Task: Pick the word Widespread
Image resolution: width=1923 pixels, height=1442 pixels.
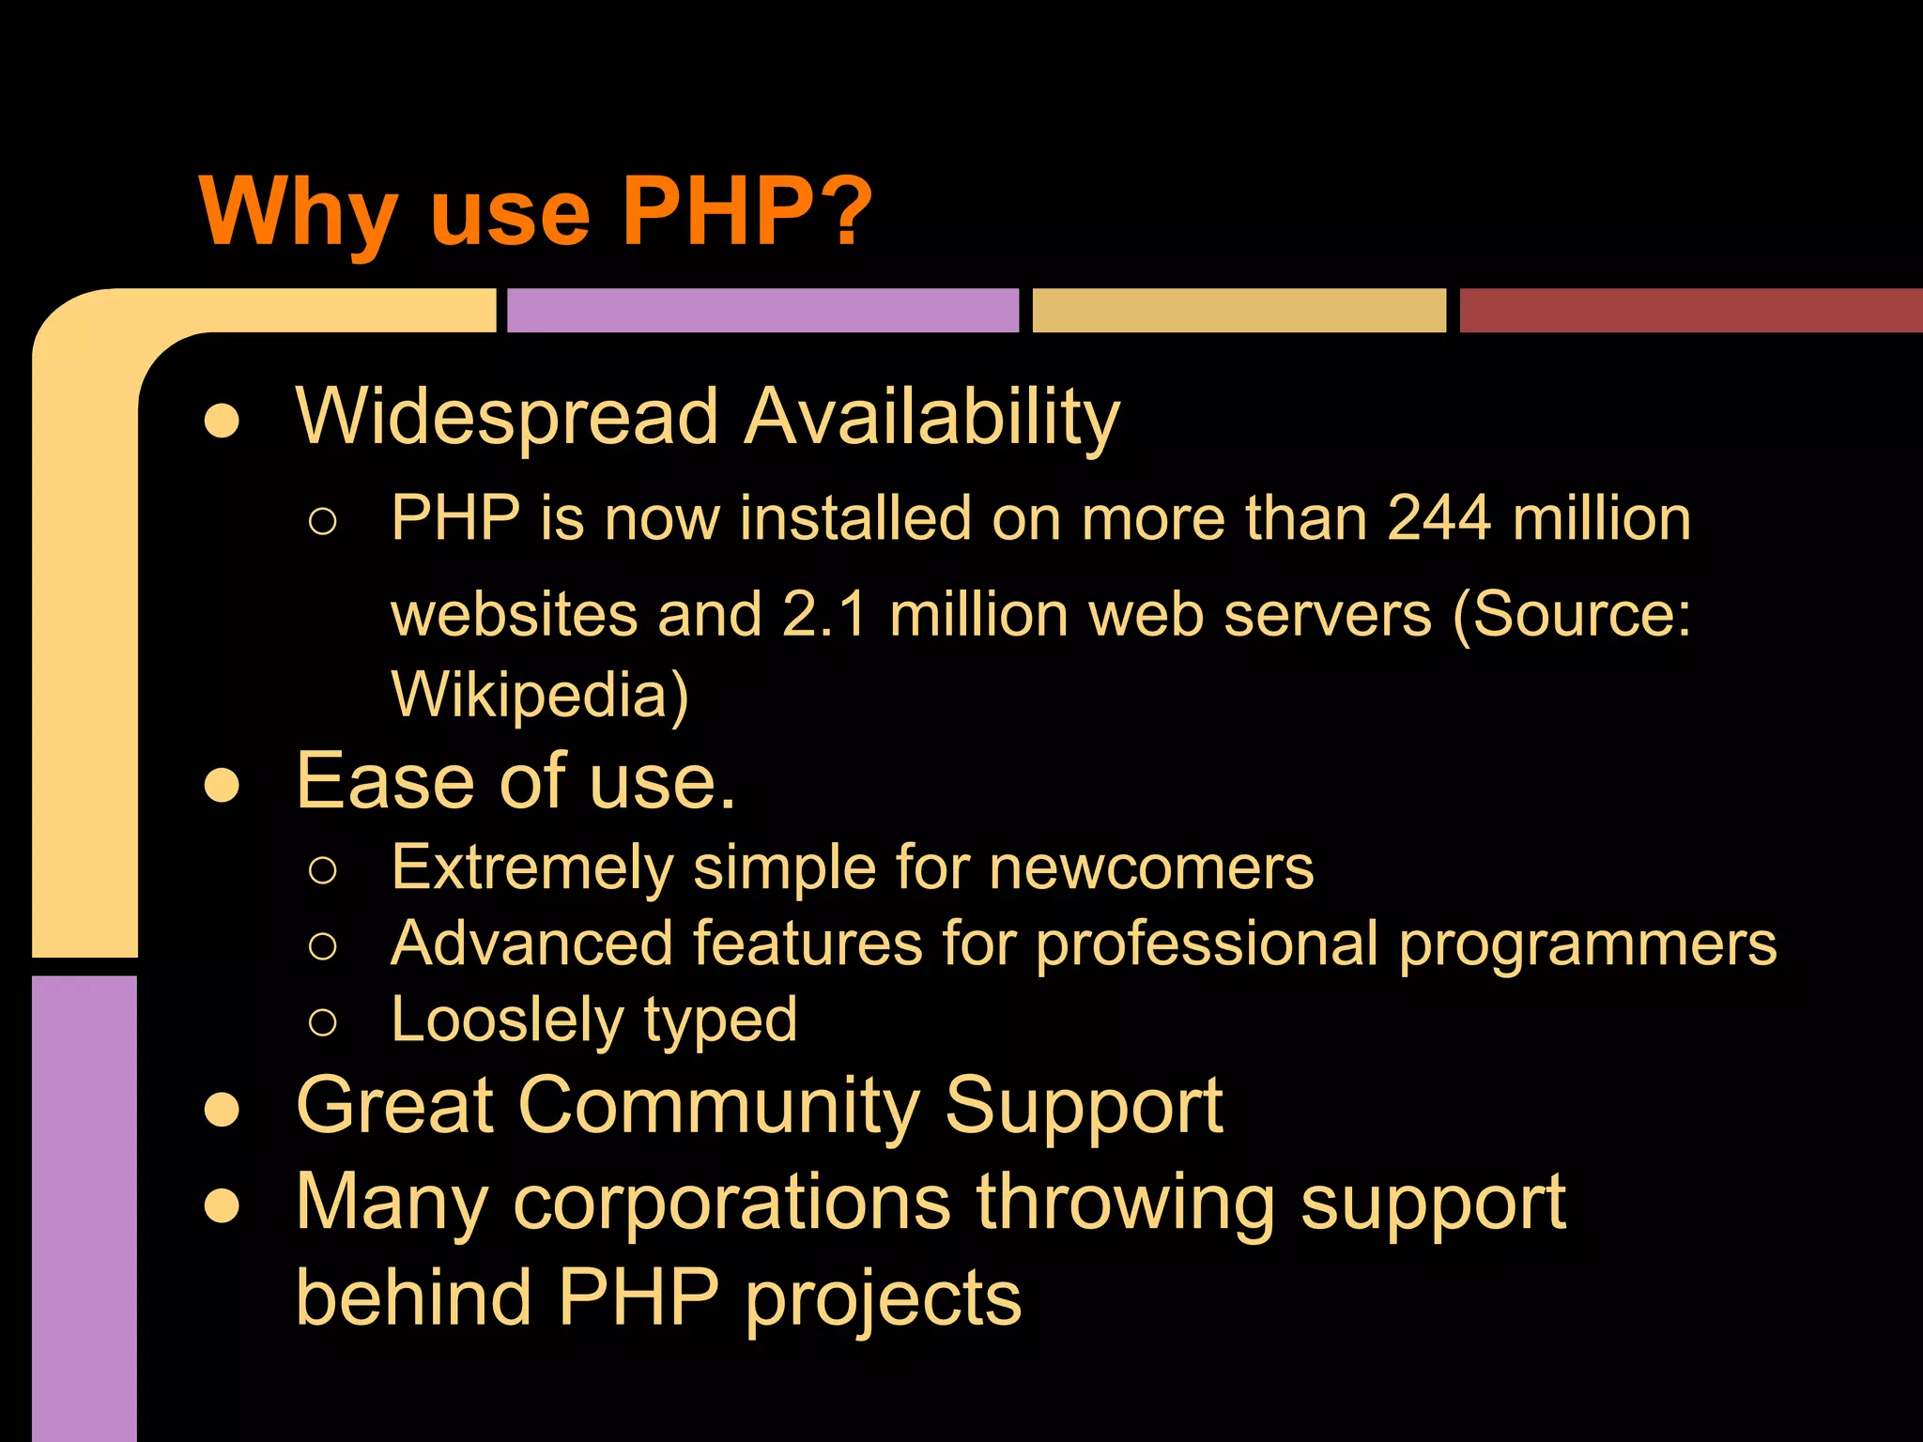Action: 507,418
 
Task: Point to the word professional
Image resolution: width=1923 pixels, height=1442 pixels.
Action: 1208,944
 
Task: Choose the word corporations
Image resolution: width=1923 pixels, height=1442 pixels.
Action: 732,1203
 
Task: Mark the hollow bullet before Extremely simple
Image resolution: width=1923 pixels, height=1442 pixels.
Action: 322,870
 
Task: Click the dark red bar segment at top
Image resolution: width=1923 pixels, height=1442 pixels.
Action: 1690,310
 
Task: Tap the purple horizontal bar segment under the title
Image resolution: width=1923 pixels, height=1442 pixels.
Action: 762,310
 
